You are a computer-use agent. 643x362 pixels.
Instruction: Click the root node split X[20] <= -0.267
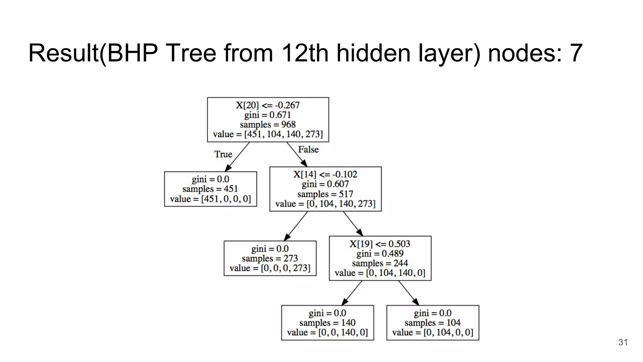[268, 105]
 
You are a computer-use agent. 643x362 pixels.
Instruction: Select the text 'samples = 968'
[268, 124]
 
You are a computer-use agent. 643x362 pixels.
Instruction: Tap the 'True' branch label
[223, 154]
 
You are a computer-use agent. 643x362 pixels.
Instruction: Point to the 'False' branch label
[308, 149]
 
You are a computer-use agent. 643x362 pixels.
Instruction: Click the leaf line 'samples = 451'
[210, 189]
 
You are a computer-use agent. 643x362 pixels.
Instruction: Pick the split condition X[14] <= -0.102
[325, 174]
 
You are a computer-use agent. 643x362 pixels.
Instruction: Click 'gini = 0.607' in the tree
[325, 184]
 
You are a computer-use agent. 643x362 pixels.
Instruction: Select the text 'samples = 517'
[325, 194]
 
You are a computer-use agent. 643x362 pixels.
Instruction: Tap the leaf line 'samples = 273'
[270, 258]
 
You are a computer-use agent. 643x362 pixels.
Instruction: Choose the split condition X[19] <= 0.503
[380, 244]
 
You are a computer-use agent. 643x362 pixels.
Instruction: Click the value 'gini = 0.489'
[380, 254]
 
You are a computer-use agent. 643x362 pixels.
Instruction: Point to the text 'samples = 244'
[380, 263]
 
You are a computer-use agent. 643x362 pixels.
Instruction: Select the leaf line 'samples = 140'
[327, 323]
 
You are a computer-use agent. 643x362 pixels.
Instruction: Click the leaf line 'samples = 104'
[432, 323]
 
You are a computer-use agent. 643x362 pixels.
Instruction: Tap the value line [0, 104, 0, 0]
[432, 332]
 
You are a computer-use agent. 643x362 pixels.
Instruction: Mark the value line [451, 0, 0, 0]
[210, 199]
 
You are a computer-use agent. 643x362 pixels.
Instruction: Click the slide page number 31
[623, 342]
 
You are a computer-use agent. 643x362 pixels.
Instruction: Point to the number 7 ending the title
[576, 53]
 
